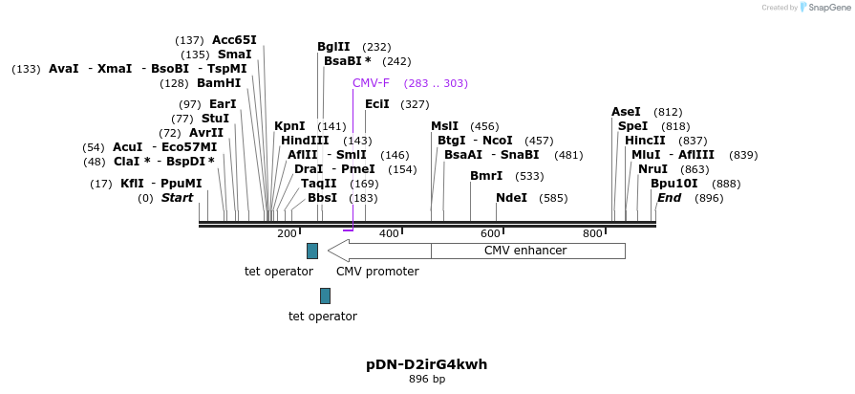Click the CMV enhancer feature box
pyautogui.click(x=527, y=251)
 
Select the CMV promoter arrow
pyautogui.click(x=378, y=251)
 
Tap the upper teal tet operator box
pyautogui.click(x=312, y=251)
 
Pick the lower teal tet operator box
pyautogui.click(x=325, y=295)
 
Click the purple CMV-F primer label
pyautogui.click(x=371, y=83)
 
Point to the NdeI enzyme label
pyautogui.click(x=511, y=198)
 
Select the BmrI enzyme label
pyautogui.click(x=486, y=176)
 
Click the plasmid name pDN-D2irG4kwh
pyautogui.click(x=426, y=364)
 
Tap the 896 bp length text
pyautogui.click(x=426, y=380)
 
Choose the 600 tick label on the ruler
pyautogui.click(x=490, y=234)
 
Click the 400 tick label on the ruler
pyautogui.click(x=389, y=234)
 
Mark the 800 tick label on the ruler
pyautogui.click(x=592, y=234)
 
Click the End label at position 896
pyautogui.click(x=669, y=198)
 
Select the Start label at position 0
pyautogui.click(x=177, y=198)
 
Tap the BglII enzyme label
pyautogui.click(x=333, y=47)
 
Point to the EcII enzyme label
pyautogui.click(x=376, y=104)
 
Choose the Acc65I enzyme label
pyautogui.click(x=234, y=40)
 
